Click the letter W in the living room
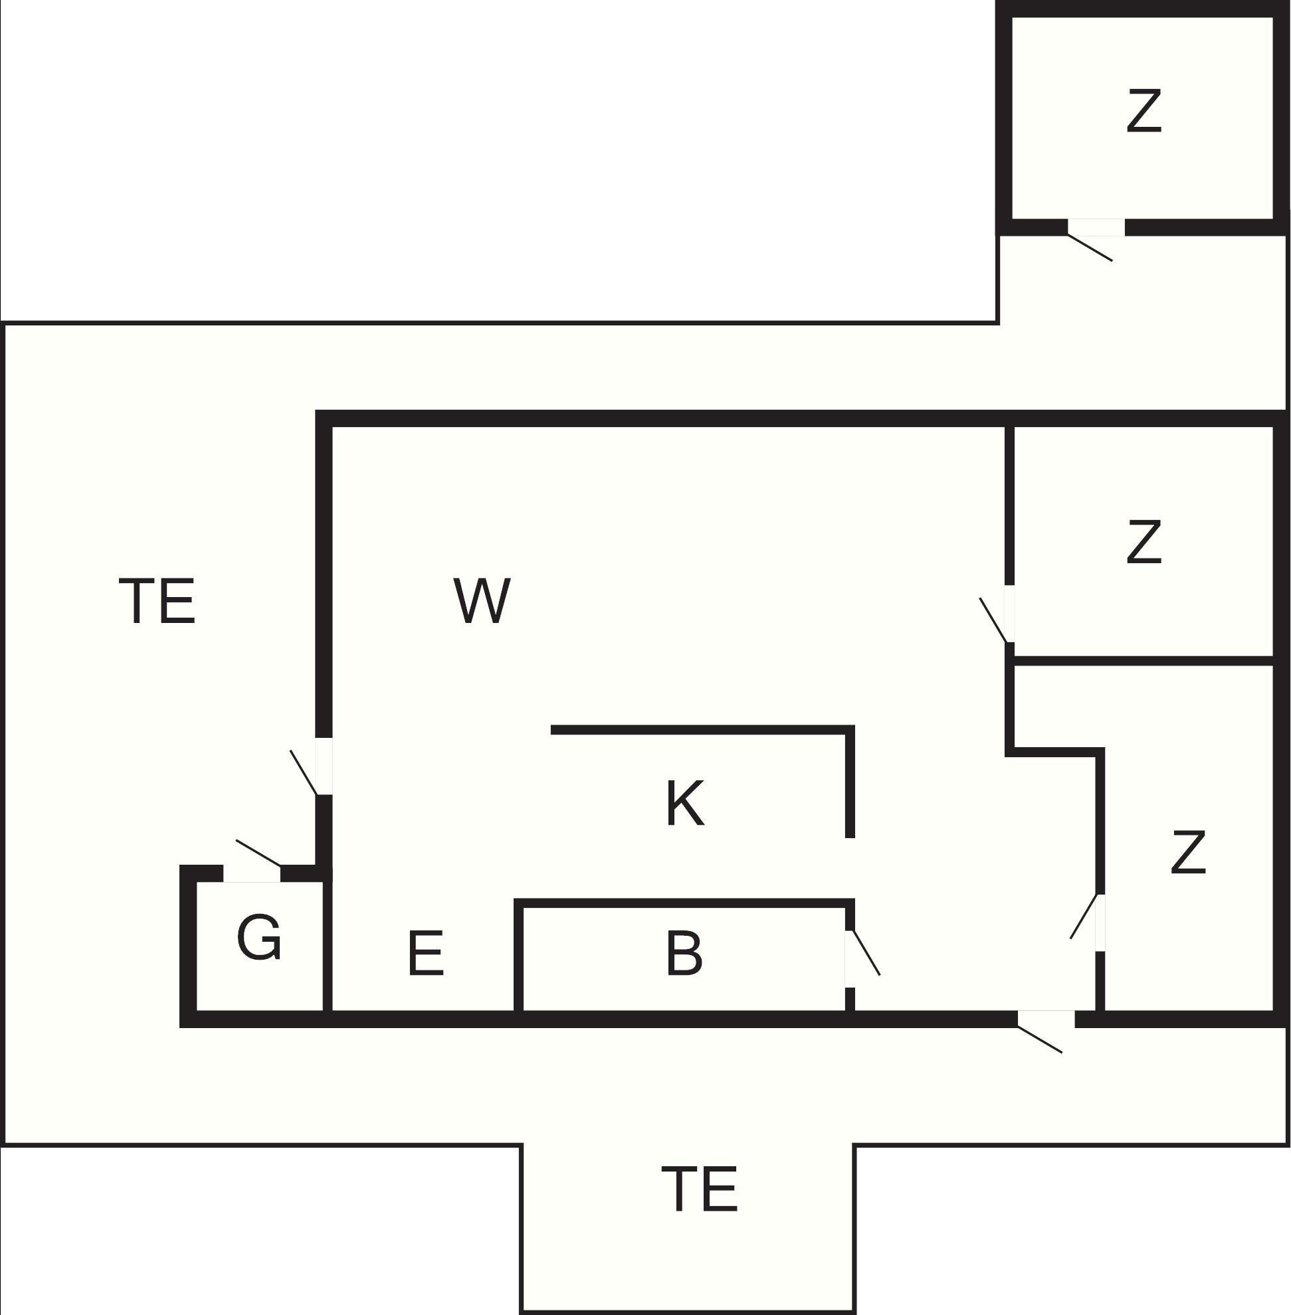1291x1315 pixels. (482, 600)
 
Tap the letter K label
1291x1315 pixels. (685, 802)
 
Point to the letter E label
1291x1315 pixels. (426, 953)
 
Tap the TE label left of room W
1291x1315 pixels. (157, 600)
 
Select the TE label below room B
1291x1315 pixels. (699, 1188)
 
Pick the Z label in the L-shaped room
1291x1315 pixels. (1188, 852)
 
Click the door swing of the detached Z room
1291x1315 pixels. (1090, 248)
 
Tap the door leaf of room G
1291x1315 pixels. (258, 853)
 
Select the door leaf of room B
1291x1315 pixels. (866, 953)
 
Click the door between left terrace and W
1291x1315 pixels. (304, 772)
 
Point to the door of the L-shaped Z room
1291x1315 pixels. (1084, 917)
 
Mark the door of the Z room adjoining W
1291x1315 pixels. (994, 620)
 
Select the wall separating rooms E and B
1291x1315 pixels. (519, 960)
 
